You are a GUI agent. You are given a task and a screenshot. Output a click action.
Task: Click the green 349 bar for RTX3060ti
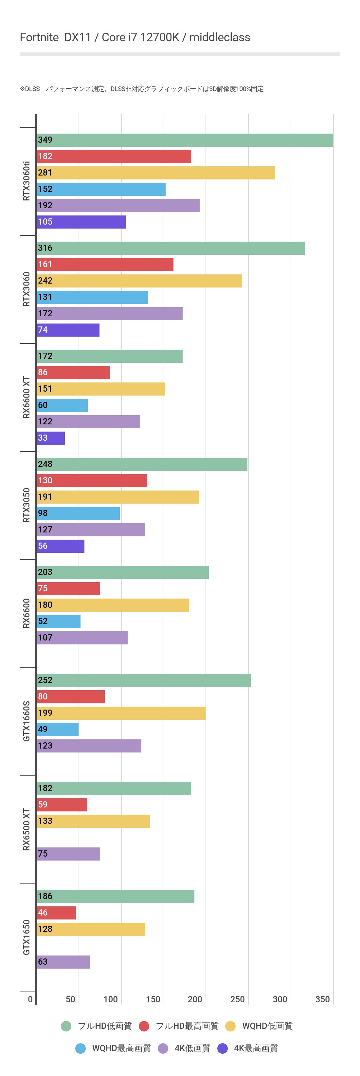coord(185,140)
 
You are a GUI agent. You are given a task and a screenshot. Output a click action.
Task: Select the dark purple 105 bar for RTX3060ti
coord(81,222)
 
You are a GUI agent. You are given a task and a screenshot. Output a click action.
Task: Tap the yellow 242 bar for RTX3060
coord(139,281)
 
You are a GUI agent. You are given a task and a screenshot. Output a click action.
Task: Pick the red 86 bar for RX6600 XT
coord(73,373)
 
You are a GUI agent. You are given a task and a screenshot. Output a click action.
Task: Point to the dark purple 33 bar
coord(50,438)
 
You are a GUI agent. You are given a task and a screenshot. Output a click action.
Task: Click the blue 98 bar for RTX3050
coord(78,513)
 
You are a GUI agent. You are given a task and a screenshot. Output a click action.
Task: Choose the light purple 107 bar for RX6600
coord(82,638)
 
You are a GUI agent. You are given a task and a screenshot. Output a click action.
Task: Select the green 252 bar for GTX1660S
coord(143,680)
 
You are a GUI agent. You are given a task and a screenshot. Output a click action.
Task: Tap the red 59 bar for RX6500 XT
coord(62,805)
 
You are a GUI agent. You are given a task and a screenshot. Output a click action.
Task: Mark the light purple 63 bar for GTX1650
coord(63,962)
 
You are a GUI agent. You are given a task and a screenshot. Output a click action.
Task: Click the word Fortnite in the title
coord(39,38)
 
